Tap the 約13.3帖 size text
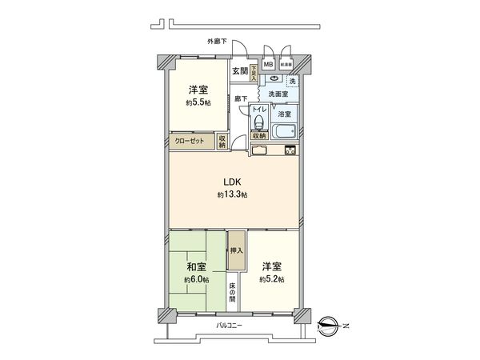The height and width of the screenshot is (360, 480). [x=231, y=195]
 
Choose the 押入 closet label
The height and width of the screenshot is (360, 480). [x=235, y=250]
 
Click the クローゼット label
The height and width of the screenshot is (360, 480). [x=190, y=142]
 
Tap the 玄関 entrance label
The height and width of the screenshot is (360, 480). [x=239, y=70]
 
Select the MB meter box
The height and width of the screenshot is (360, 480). [x=268, y=64]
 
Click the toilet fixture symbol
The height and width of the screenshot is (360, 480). [x=259, y=122]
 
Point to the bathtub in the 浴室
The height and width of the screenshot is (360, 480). [x=284, y=132]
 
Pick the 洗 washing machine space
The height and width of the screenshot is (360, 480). [x=292, y=82]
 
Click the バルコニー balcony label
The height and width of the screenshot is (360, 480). [x=229, y=326]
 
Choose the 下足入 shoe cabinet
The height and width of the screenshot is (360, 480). [x=253, y=74]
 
